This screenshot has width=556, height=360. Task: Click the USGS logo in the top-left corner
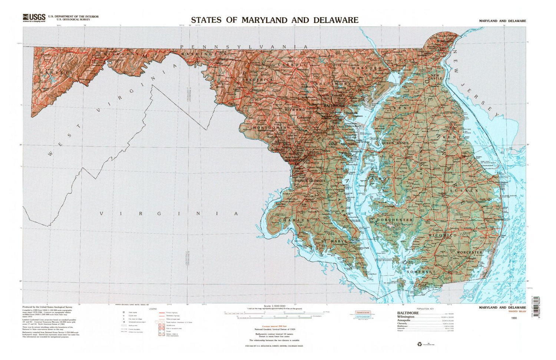(34, 17)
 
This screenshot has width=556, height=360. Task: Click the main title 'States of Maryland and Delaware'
(275, 20)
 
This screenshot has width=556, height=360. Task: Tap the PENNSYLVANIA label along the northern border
(244, 47)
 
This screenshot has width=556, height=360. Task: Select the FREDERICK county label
(258, 80)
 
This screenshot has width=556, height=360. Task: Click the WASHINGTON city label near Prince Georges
(298, 161)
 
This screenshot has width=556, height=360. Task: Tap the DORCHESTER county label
(395, 220)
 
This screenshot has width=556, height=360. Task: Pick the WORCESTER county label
(470, 253)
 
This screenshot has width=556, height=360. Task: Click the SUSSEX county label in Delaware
(464, 190)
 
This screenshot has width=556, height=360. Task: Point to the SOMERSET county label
(421, 272)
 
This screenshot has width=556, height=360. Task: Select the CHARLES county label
(294, 220)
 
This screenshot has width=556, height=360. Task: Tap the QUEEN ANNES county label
(395, 143)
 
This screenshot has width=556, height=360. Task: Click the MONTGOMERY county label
(271, 128)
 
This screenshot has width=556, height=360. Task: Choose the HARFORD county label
(367, 69)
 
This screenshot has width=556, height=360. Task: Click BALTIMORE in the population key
(408, 313)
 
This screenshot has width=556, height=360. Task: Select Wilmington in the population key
(406, 317)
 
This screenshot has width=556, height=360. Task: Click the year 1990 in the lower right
(513, 318)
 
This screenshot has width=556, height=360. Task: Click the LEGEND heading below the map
(153, 309)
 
